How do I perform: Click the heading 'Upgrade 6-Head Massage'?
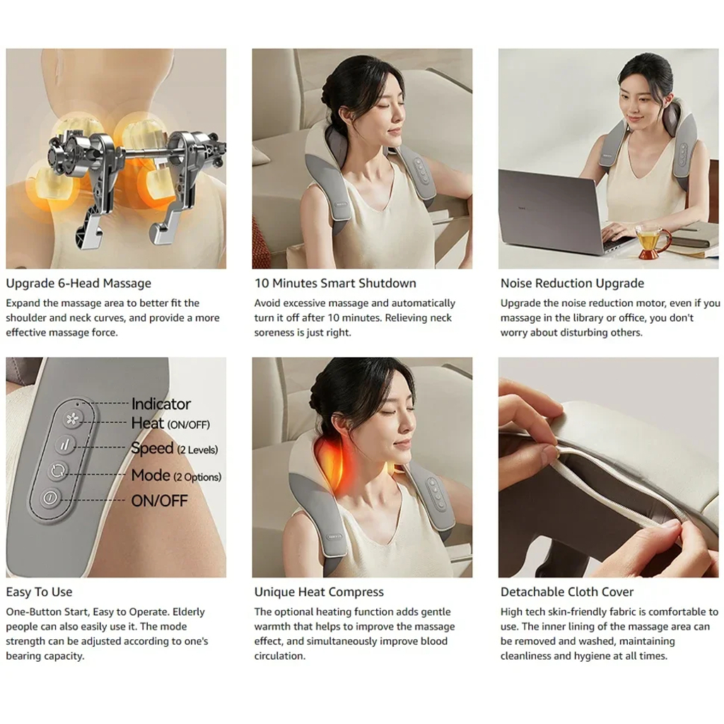pyautogui.click(x=78, y=283)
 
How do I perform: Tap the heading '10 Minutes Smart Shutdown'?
pyautogui.click(x=335, y=283)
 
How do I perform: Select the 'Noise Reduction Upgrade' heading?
pyautogui.click(x=572, y=283)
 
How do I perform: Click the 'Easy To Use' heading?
pyautogui.click(x=40, y=592)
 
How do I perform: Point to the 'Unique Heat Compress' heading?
pyautogui.click(x=319, y=592)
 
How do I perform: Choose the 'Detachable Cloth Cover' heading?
pyautogui.click(x=567, y=592)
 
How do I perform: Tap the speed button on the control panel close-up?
pyautogui.click(x=65, y=445)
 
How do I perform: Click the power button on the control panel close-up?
pyautogui.click(x=50, y=498)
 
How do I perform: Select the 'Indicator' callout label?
pyautogui.click(x=160, y=404)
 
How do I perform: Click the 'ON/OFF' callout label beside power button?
pyautogui.click(x=159, y=501)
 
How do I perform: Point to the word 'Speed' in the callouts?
pyautogui.click(x=152, y=448)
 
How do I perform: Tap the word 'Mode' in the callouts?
pyautogui.click(x=151, y=475)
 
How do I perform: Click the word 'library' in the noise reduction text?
pyautogui.click(x=588, y=317)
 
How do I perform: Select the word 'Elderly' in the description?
pyautogui.click(x=188, y=612)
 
